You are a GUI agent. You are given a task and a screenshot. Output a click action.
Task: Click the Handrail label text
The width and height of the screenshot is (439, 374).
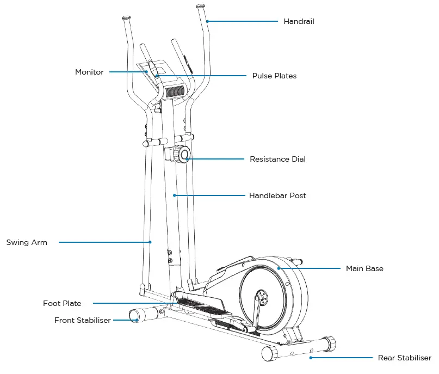(x=299, y=22)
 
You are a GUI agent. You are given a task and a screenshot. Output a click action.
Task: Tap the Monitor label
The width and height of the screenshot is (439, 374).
(x=89, y=72)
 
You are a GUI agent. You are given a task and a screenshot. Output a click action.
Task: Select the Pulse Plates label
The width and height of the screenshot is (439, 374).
(x=274, y=76)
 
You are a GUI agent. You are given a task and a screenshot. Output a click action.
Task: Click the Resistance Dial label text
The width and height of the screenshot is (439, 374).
(x=277, y=160)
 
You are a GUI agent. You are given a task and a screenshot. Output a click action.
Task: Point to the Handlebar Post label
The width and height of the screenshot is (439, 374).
(x=277, y=195)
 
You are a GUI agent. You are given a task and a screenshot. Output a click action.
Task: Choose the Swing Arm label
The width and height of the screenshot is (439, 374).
(x=27, y=243)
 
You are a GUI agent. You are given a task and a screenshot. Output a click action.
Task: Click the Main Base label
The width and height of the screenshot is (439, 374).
(x=364, y=268)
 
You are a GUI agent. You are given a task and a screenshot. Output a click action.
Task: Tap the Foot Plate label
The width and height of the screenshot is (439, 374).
(x=62, y=303)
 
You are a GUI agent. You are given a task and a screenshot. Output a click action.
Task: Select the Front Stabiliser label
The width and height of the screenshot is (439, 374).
(x=82, y=321)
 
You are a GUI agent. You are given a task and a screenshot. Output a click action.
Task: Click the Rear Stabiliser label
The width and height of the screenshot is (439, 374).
(x=404, y=358)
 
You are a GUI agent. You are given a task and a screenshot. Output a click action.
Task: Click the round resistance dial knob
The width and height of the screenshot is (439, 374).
(x=184, y=155)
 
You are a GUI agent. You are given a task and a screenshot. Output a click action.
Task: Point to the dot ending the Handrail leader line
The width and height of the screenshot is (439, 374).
(x=207, y=22)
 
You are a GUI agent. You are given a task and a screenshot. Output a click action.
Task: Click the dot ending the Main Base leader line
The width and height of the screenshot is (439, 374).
(x=279, y=268)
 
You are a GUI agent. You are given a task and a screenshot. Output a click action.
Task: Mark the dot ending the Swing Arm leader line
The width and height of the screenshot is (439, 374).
(x=150, y=242)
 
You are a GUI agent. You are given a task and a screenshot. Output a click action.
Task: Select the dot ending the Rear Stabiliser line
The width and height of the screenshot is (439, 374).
(x=311, y=358)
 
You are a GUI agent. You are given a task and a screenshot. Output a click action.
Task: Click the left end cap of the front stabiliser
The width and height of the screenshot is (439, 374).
(x=134, y=315)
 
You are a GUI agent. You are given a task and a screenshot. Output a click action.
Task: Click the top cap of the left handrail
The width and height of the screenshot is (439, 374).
(x=126, y=17)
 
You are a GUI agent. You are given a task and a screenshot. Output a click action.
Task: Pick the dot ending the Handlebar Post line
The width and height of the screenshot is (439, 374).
(x=175, y=195)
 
